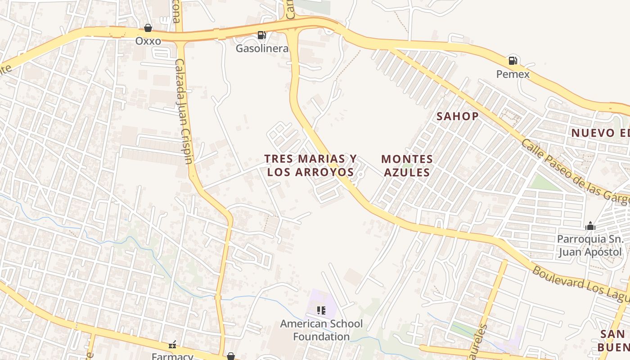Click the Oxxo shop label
[x=148, y=41]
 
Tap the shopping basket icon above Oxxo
[x=148, y=28]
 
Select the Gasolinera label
[x=262, y=48]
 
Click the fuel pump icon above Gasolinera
[x=261, y=35]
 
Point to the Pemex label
[x=513, y=74]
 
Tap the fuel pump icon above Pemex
[x=513, y=60]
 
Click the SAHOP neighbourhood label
[x=458, y=116]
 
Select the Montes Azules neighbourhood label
[x=407, y=166]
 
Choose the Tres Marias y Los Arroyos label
[x=310, y=165]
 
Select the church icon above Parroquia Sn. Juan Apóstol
[x=590, y=226]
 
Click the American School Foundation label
[x=321, y=330]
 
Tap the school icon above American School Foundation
[x=321, y=310]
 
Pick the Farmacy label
[x=172, y=356]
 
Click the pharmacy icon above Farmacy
[x=172, y=345]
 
